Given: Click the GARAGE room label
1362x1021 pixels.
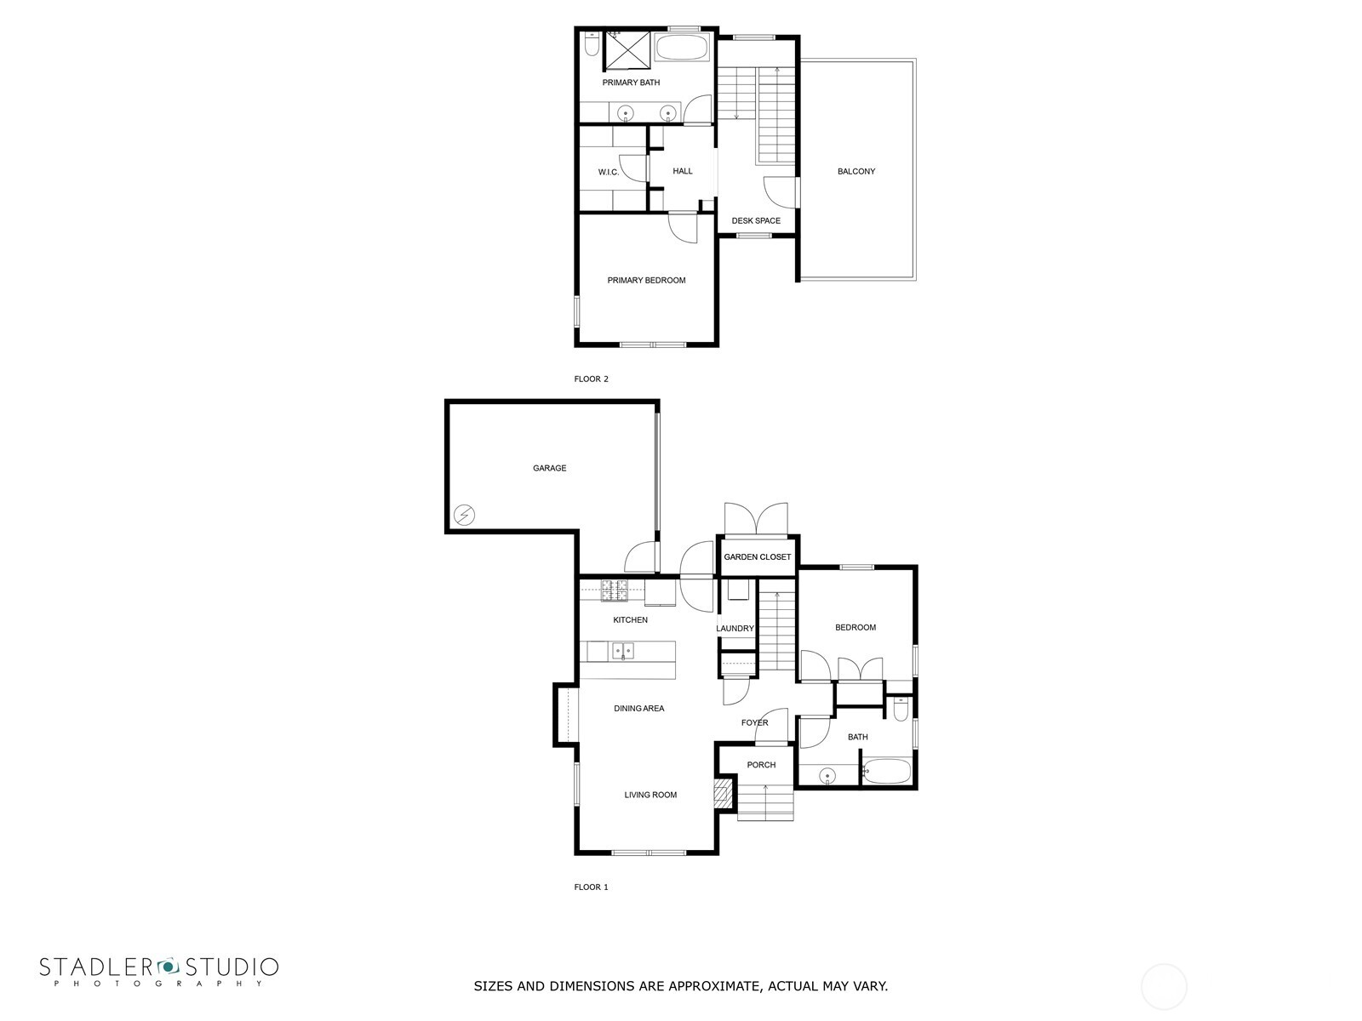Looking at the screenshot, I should pyautogui.click(x=549, y=468).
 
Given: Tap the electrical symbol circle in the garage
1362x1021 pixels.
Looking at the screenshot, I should pyautogui.click(x=464, y=514).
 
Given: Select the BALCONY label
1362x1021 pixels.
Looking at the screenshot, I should pyautogui.click(x=856, y=171).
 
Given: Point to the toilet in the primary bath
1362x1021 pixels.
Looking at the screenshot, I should pyautogui.click(x=591, y=43).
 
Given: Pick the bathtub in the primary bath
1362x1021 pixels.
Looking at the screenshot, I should pyautogui.click(x=683, y=47).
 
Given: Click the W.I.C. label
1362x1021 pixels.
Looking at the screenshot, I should pyautogui.click(x=608, y=173).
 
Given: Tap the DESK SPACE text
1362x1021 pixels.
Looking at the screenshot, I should pyautogui.click(x=755, y=220).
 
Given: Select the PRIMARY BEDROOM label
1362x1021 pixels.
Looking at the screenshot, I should pyautogui.click(x=645, y=280).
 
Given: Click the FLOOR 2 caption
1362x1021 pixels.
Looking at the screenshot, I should pyautogui.click(x=591, y=379).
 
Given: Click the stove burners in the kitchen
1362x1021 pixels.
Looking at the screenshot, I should pyautogui.click(x=614, y=589).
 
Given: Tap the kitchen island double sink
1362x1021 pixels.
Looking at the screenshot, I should pyautogui.click(x=621, y=651).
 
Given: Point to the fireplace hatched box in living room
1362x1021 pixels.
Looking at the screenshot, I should pyautogui.click(x=722, y=795).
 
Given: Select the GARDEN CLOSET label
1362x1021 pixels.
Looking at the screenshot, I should pyautogui.click(x=757, y=556).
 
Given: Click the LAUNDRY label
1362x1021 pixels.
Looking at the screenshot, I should pyautogui.click(x=735, y=629).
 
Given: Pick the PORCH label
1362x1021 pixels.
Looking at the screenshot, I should pyautogui.click(x=761, y=765).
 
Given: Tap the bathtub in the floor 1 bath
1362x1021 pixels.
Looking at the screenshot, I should pyautogui.click(x=888, y=772).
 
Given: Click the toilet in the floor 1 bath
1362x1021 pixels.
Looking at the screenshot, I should pyautogui.click(x=901, y=709).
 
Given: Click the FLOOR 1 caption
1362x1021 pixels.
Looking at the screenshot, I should pyautogui.click(x=591, y=887).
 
